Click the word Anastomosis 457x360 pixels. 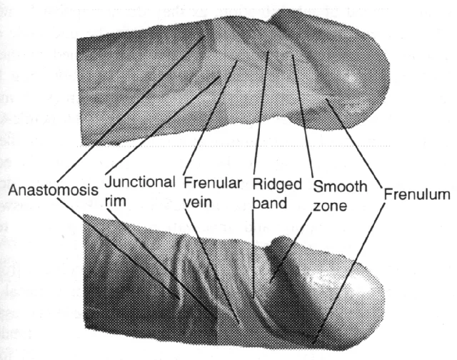pyautogui.click(x=53, y=190)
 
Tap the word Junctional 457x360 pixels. pyautogui.click(x=140, y=182)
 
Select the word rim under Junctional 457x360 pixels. pyautogui.click(x=115, y=201)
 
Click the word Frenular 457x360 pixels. pyautogui.click(x=213, y=183)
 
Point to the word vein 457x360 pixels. pyautogui.click(x=198, y=202)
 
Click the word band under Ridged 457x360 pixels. pyautogui.click(x=270, y=203)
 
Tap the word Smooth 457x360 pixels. pyautogui.click(x=340, y=186)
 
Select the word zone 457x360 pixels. pyautogui.click(x=330, y=206)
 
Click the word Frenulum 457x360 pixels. pyautogui.click(x=417, y=194)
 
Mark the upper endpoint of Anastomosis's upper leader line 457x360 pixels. pyautogui.click(x=205, y=36)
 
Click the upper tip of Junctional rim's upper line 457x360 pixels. pyautogui.click(x=219, y=76)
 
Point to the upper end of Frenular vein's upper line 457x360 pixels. pyautogui.click(x=236, y=60)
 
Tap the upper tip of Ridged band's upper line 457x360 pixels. pyautogui.click(x=268, y=51)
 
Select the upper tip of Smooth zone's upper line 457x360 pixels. pyautogui.click(x=292, y=55)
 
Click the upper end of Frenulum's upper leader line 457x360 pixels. pyautogui.click(x=326, y=99)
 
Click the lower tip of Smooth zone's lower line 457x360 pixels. pyautogui.click(x=271, y=281)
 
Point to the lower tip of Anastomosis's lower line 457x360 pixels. pyautogui.click(x=179, y=299)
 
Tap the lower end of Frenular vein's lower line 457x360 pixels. pyautogui.click(x=239, y=324)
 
